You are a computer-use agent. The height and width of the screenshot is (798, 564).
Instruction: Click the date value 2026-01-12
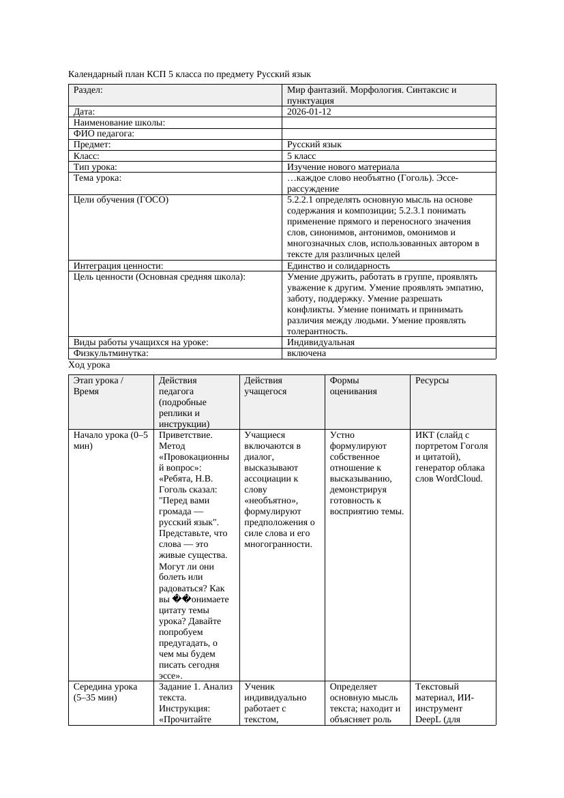[x=309, y=111]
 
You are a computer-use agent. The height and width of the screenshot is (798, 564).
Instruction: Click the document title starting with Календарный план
[x=190, y=74]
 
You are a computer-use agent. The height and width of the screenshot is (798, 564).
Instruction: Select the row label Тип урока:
[x=95, y=166]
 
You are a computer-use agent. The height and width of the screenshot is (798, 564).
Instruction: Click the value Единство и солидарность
[x=338, y=266]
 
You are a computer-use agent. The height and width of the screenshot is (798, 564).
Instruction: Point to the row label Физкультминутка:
[x=110, y=353]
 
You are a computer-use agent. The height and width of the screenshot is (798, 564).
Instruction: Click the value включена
[x=306, y=353]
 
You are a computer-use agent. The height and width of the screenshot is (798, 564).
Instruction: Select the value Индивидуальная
[x=321, y=342]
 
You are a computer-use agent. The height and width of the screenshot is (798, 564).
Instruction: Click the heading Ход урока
[x=89, y=365]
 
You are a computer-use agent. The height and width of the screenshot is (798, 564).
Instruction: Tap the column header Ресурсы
[x=432, y=381]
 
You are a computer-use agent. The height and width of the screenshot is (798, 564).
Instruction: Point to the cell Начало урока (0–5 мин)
[x=110, y=441]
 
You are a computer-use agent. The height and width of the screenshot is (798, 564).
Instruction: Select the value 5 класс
[x=301, y=156]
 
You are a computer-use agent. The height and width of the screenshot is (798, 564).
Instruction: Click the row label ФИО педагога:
[x=104, y=134]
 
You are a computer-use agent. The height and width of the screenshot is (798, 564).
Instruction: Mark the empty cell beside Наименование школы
[x=389, y=123]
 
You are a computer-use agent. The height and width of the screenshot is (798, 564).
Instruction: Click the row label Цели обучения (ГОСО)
[x=121, y=200]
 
